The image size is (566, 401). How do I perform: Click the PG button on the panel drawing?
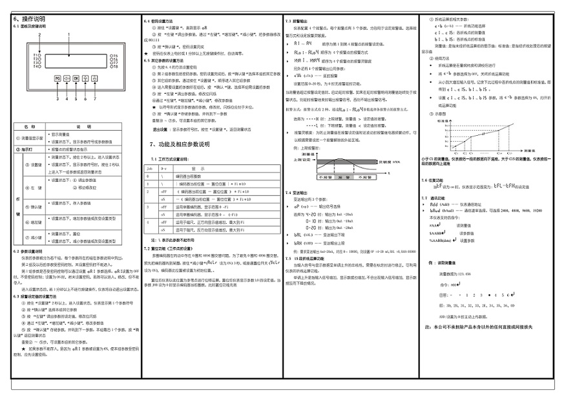[58, 78]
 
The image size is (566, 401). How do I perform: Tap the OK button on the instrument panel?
[76, 78]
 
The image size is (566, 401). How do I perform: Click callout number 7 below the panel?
[95, 99]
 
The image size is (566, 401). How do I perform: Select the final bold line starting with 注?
[478, 327]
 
